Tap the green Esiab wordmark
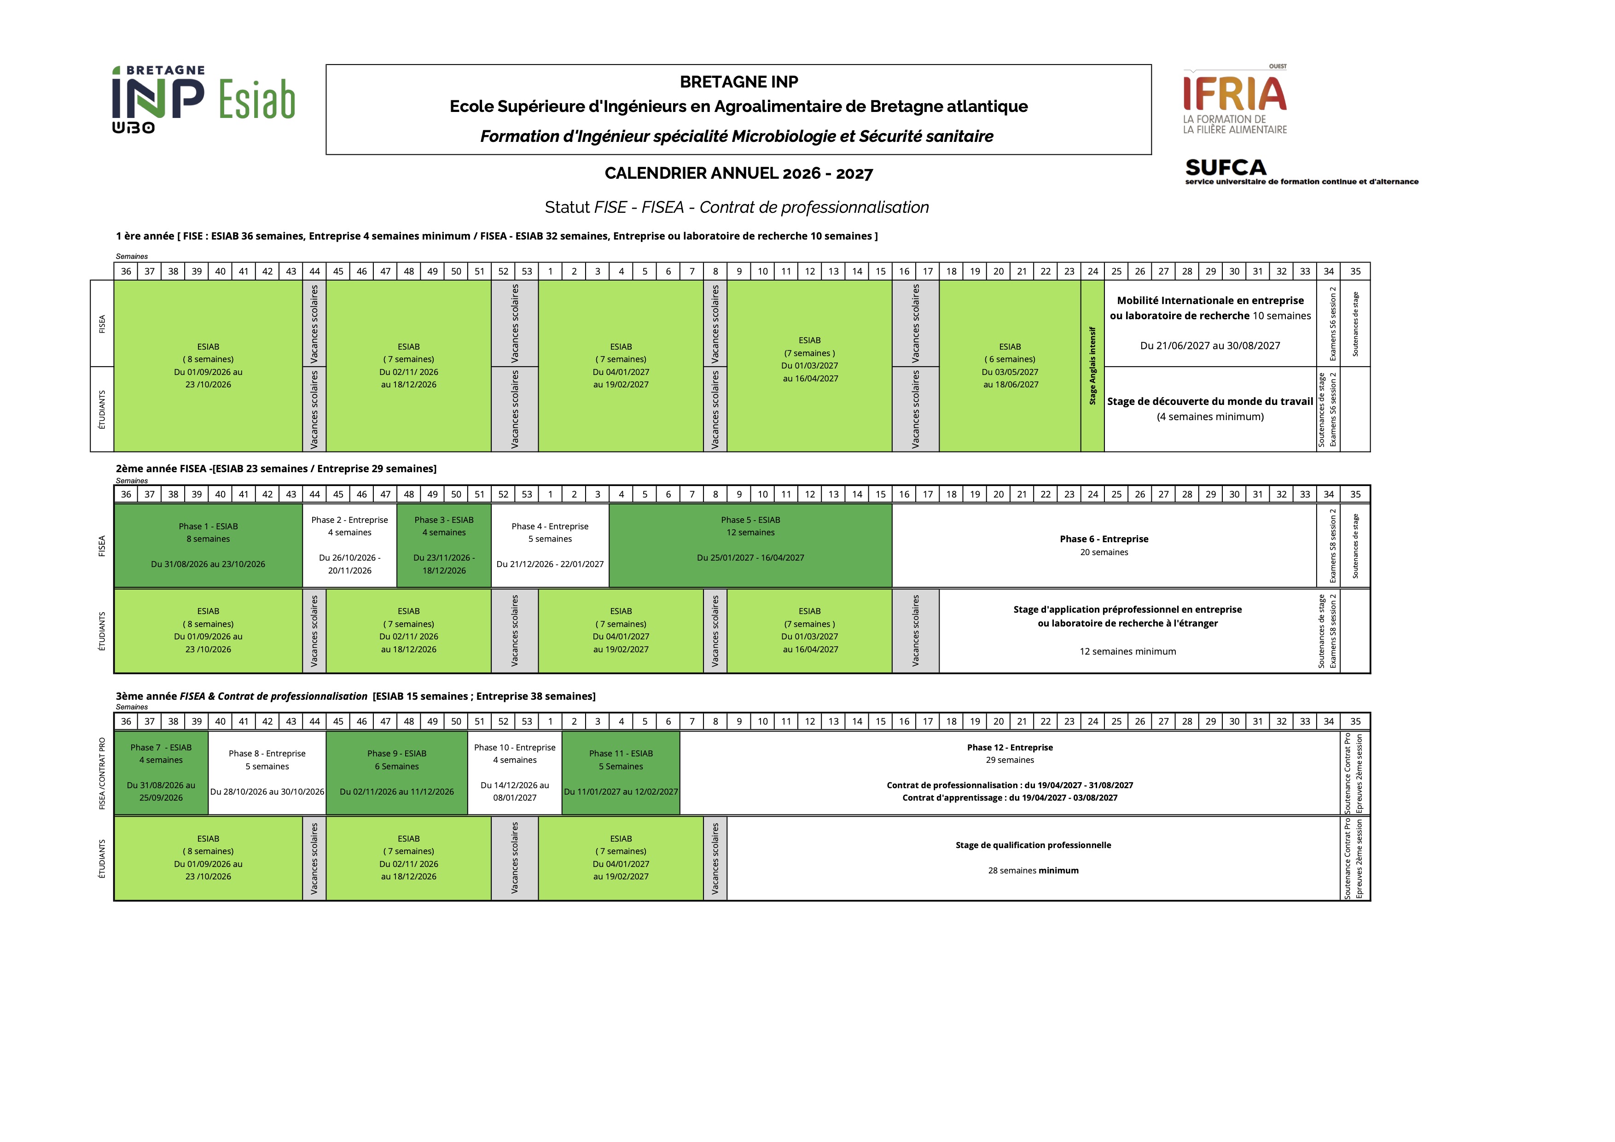(x=257, y=99)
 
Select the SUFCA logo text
(x=1226, y=168)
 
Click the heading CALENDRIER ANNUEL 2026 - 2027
(x=738, y=173)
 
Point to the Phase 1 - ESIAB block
(x=208, y=545)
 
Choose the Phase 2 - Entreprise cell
(x=349, y=545)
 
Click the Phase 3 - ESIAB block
(x=444, y=545)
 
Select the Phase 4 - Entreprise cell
(x=550, y=545)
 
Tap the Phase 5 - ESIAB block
(x=750, y=545)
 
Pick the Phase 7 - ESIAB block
(x=161, y=773)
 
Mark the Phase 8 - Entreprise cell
(x=267, y=773)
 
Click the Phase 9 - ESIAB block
(x=397, y=773)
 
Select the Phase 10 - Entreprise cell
(x=515, y=773)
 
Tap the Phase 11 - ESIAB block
(x=621, y=773)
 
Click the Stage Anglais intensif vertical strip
(x=1092, y=366)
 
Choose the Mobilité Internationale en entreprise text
(x=1210, y=300)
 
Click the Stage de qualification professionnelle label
(x=1033, y=845)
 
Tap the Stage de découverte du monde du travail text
(x=1210, y=401)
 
